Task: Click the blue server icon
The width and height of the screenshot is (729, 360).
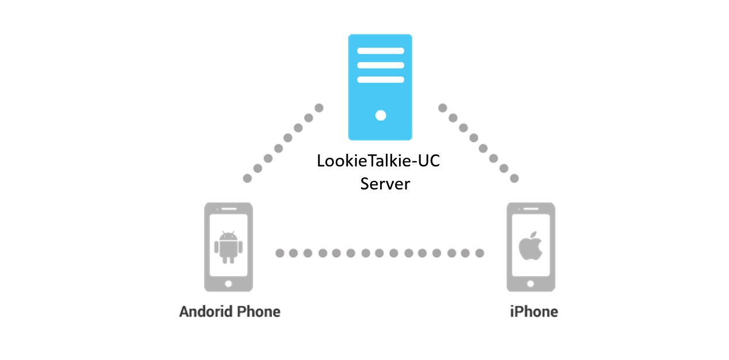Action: [x=380, y=87]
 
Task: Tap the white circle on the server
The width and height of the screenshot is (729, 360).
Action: [x=381, y=116]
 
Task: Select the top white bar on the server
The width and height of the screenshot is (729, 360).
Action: [x=381, y=51]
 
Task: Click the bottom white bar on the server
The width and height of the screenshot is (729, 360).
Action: [x=381, y=79]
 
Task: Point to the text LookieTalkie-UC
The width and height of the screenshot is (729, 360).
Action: [x=378, y=161]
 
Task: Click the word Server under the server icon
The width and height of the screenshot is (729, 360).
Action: [x=385, y=184]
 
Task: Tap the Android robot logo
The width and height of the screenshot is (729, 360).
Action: [x=229, y=247]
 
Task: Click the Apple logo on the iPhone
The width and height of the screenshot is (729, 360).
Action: [x=530, y=246]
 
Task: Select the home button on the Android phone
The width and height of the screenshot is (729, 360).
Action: [x=229, y=284]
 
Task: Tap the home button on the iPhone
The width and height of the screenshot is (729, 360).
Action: [x=530, y=284]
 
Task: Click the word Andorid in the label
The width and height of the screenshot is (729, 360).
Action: [x=206, y=312]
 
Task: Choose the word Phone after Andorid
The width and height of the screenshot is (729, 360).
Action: [x=259, y=312]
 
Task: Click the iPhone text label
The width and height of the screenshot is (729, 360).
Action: [x=534, y=312]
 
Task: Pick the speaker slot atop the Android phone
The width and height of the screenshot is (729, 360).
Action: [x=229, y=209]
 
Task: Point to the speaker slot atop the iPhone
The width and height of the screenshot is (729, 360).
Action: [x=531, y=209]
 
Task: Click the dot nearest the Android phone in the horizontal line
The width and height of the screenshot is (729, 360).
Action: [x=280, y=253]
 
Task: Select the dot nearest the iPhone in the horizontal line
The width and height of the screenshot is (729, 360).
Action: [x=480, y=253]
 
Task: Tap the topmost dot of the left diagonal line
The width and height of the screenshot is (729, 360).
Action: [x=319, y=108]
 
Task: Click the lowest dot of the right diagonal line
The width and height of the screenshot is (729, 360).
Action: [x=514, y=179]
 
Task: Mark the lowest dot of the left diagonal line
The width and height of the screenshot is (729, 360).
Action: [x=248, y=179]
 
